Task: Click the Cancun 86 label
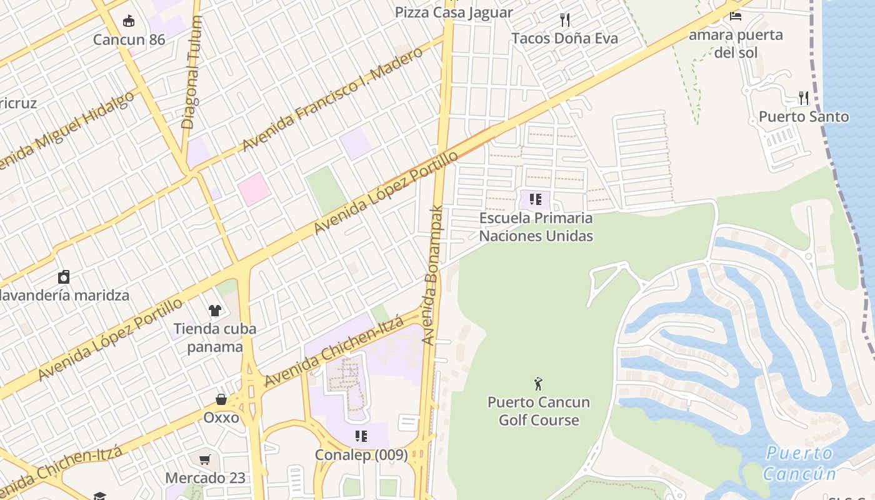pyautogui.click(x=129, y=40)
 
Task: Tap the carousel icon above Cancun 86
pyautogui.click(x=129, y=21)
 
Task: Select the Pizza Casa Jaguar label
pyautogui.click(x=454, y=12)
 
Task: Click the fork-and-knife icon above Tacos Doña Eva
pyautogui.click(x=565, y=20)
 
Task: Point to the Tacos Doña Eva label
pyautogui.click(x=564, y=38)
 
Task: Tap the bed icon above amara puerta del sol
pyautogui.click(x=736, y=15)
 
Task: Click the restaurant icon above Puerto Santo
pyautogui.click(x=804, y=98)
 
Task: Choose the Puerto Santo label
pyautogui.click(x=804, y=117)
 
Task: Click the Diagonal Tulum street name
pyautogui.click(x=192, y=72)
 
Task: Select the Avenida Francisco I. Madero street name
pyautogui.click(x=332, y=99)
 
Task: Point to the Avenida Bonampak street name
pyautogui.click(x=432, y=275)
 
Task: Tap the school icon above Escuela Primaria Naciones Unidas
pyautogui.click(x=535, y=199)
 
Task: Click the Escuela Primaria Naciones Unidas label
pyautogui.click(x=536, y=227)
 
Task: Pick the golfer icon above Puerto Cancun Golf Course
pyautogui.click(x=538, y=383)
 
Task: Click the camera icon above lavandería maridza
pyautogui.click(x=63, y=277)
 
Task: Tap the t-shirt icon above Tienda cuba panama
pyautogui.click(x=214, y=310)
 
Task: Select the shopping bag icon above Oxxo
pyautogui.click(x=221, y=399)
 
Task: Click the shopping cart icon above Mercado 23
pyautogui.click(x=205, y=460)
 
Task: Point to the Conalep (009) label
pyautogui.click(x=361, y=455)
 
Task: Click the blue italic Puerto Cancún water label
pyautogui.click(x=799, y=463)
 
